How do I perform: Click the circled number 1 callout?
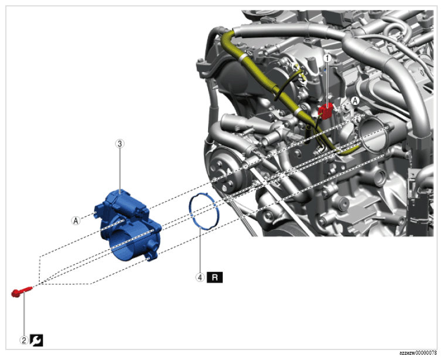328,58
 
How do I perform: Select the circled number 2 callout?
24,340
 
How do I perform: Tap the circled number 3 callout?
120,144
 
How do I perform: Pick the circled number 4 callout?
200,277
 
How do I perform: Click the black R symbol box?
214,277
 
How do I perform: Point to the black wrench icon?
37,340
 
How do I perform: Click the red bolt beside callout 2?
22,291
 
